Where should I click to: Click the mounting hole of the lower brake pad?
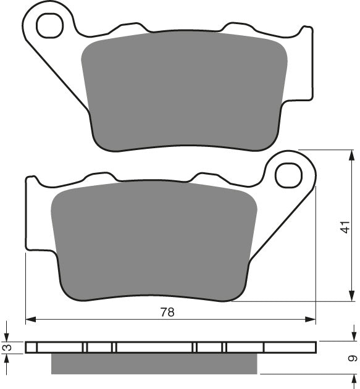[x=288, y=175]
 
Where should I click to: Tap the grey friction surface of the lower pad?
[x=154, y=241]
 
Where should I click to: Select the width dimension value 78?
[x=167, y=312]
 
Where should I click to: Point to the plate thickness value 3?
[x=6, y=348]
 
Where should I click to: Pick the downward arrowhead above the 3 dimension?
[x=6, y=337]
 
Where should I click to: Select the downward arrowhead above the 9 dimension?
[x=343, y=337]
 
